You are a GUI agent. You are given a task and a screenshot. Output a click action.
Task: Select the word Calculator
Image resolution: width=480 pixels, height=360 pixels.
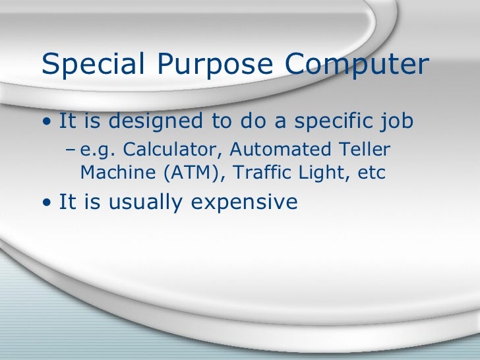pos(166,150)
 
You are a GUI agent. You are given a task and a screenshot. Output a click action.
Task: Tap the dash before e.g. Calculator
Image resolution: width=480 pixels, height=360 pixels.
pos(71,151)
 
